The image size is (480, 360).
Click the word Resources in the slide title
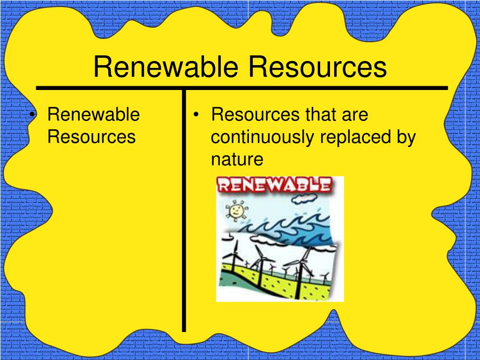click(x=317, y=67)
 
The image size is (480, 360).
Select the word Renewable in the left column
click(x=94, y=114)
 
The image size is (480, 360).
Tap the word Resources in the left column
click(x=92, y=137)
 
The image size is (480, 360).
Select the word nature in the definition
click(x=237, y=159)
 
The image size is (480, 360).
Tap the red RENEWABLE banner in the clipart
click(x=275, y=185)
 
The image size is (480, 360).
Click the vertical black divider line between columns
click(x=184, y=211)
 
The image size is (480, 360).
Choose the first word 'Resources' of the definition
click(x=256, y=114)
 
